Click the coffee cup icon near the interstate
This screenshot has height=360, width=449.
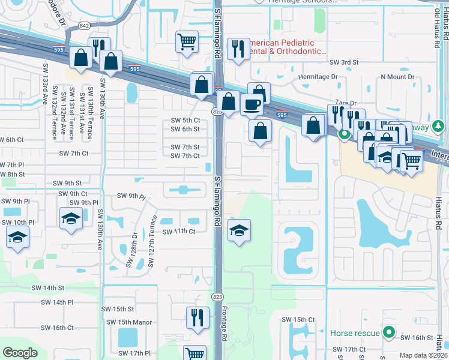[252, 104]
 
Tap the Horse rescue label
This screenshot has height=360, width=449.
[355, 332]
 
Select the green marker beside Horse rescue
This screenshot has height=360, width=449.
[389, 332]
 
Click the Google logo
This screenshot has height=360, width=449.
[20, 352]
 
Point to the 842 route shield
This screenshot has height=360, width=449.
[84, 26]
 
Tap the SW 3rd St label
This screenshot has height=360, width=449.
[343, 62]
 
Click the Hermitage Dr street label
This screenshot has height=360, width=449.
[318, 77]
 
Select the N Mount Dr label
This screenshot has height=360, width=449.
[397, 77]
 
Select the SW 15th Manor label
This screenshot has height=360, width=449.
[129, 322]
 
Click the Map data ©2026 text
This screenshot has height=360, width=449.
[423, 355]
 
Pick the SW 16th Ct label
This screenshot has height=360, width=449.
[57, 328]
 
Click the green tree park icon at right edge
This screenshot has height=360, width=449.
[439, 126]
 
